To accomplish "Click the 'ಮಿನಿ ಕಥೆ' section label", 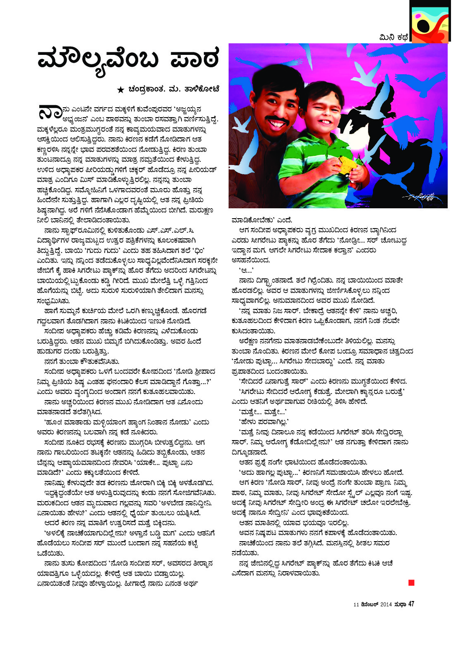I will (393, 38).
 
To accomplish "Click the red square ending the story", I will (411, 582).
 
